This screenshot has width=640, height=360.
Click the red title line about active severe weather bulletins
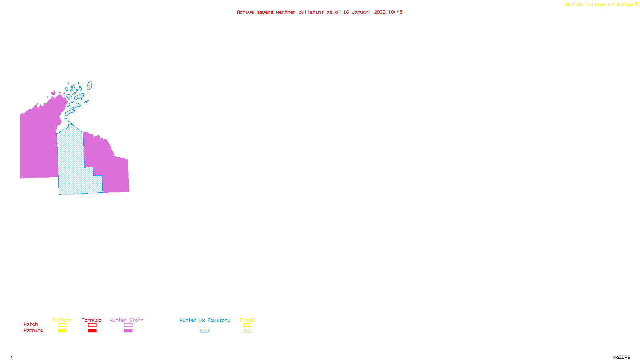(x=320, y=12)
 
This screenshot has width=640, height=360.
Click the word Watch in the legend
(x=31, y=324)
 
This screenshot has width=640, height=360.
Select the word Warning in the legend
(x=34, y=330)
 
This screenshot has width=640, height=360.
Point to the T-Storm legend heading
(x=62, y=320)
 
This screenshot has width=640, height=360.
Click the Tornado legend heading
(x=92, y=320)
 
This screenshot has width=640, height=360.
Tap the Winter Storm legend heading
(x=126, y=320)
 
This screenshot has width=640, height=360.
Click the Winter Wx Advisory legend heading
(x=205, y=320)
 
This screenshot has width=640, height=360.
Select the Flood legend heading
(x=247, y=320)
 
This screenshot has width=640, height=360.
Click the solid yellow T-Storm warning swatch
(x=62, y=331)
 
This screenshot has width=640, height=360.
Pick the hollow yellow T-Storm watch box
(x=62, y=325)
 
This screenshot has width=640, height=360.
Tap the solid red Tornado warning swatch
(x=92, y=331)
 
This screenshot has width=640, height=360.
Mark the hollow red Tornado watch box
(x=92, y=325)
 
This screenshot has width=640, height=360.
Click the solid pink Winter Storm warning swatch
(x=128, y=331)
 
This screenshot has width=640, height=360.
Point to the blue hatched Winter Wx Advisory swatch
(x=204, y=331)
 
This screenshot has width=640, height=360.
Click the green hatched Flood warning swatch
(x=247, y=331)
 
